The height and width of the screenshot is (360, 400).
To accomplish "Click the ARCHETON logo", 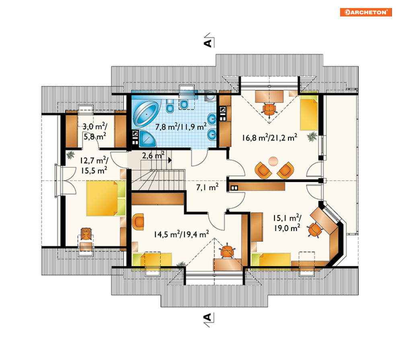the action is click(366, 12).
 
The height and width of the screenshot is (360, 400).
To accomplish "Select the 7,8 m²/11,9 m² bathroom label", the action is click(181, 127).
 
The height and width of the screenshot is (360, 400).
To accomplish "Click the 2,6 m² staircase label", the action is click(153, 155).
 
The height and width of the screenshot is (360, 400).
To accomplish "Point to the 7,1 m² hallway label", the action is click(207, 187).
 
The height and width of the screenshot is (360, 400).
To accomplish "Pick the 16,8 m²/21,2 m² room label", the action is click(269, 138).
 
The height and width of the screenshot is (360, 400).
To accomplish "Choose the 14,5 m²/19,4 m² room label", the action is click(181, 234).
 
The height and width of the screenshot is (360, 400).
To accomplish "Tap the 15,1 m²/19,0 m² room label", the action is click(287, 223).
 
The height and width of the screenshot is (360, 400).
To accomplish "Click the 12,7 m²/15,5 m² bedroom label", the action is click(94, 166).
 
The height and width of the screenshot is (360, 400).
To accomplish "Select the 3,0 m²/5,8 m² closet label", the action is click(94, 131).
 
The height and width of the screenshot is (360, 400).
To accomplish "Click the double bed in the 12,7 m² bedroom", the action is click(106, 198).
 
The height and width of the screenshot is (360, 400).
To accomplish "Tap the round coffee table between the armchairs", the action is click(273, 161).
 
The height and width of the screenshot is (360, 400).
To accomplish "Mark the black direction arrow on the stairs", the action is click(170, 160).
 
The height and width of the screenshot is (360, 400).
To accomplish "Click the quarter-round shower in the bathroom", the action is click(147, 139).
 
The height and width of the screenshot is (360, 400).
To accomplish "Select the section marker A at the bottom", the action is click(208, 317).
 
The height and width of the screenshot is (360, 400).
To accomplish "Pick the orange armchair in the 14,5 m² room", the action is click(138, 222).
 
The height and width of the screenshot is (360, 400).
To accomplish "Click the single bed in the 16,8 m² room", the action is click(309, 112).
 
